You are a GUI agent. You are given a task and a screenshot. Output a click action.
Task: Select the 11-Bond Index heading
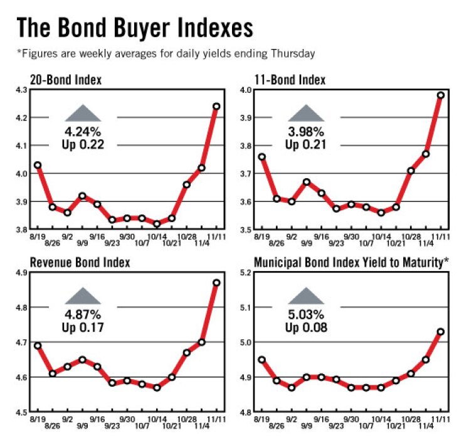coord(290,80)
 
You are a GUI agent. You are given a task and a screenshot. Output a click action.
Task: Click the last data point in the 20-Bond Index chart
coord(216,106)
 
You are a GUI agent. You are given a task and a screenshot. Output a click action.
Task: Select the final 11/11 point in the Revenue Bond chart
coord(216,283)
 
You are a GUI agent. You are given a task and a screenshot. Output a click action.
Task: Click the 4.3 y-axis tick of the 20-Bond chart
coord(21,90)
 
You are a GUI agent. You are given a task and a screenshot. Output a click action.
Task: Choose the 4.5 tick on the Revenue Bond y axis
coord(21,412)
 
